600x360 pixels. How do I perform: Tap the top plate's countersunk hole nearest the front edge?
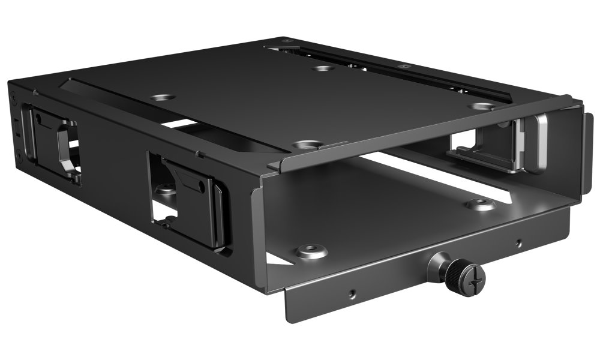[x=307, y=145]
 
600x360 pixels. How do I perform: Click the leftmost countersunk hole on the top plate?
[x=162, y=97]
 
